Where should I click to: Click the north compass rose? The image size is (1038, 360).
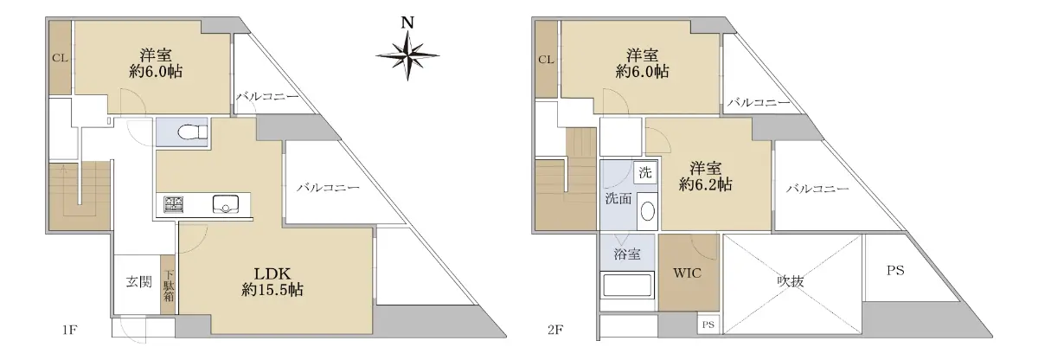click(x=407, y=55)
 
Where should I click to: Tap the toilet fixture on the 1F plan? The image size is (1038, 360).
click(x=192, y=132)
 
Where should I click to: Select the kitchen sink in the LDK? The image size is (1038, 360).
click(x=226, y=204)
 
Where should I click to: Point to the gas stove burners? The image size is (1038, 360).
click(x=173, y=205)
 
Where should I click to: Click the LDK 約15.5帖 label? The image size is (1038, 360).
click(x=272, y=281)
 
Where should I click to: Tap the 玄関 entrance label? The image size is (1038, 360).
click(x=138, y=282)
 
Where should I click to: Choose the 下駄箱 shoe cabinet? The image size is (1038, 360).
click(x=168, y=285)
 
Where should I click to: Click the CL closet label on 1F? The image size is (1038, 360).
click(x=60, y=58)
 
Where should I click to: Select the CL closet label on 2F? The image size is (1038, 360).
click(x=546, y=60)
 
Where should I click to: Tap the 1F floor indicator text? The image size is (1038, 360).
click(x=69, y=330)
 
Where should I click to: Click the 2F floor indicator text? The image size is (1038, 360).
click(x=555, y=330)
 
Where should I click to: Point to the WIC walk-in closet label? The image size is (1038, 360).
click(x=687, y=273)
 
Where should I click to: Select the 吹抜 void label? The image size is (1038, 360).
click(x=791, y=280)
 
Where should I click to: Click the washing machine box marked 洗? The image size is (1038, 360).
click(x=645, y=172)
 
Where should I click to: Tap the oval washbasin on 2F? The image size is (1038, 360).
click(x=647, y=212)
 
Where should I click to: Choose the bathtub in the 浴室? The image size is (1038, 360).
click(x=627, y=285)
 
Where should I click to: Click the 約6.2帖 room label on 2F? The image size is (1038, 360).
click(x=705, y=184)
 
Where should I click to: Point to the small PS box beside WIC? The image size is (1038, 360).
click(x=708, y=325)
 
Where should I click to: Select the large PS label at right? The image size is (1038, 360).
click(x=895, y=270)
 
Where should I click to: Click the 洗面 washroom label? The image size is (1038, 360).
click(x=618, y=198)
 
